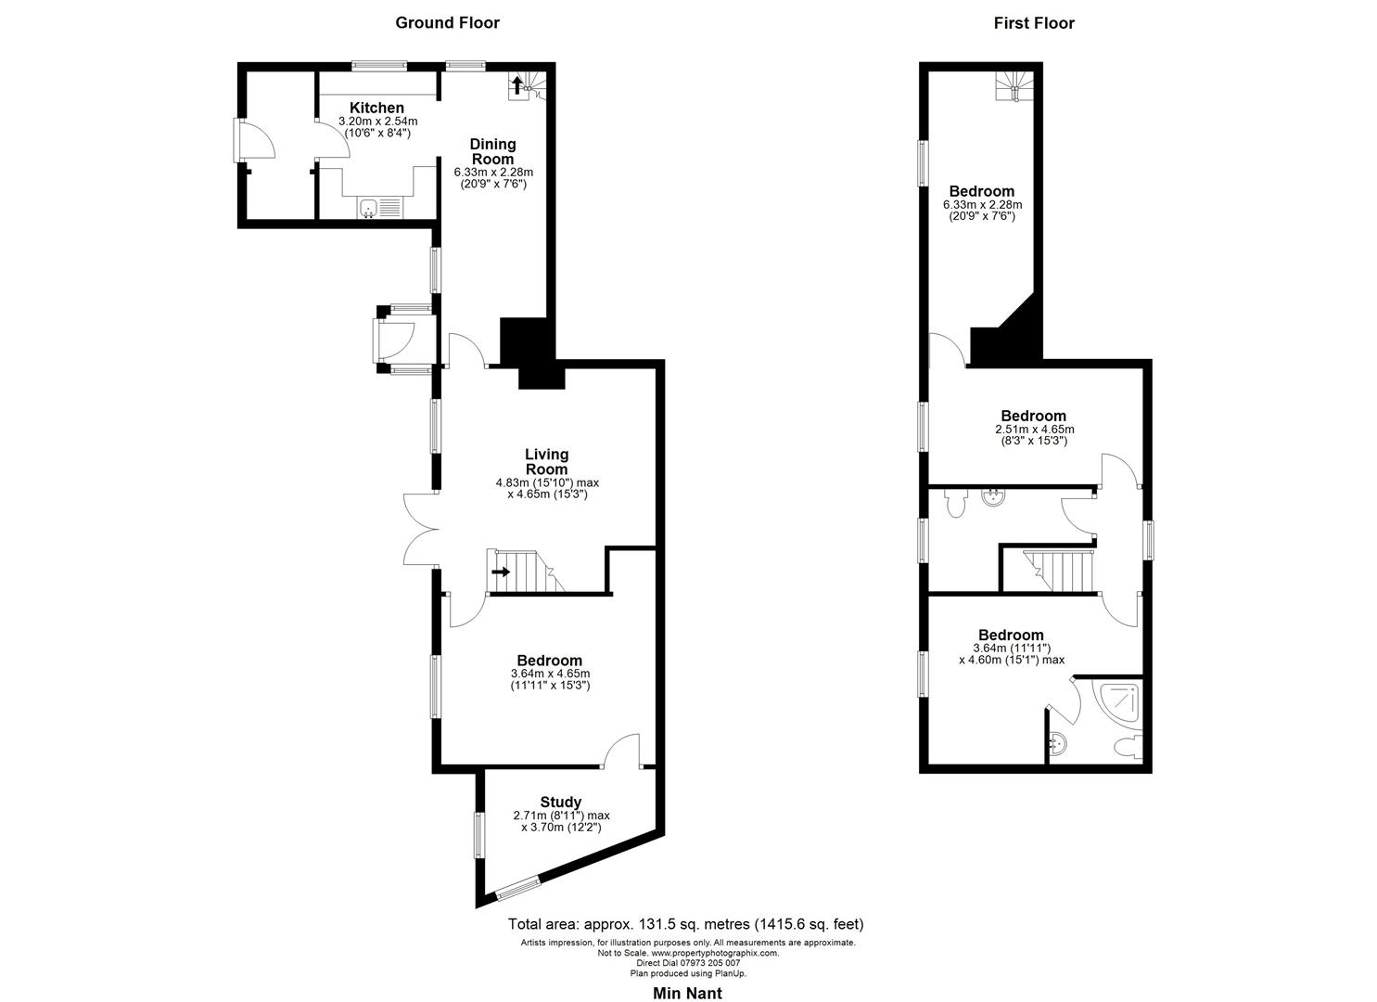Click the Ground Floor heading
(447, 23)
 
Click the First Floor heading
(1034, 23)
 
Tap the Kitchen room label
(376, 109)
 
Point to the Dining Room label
(492, 151)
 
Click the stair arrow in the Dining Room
(516, 86)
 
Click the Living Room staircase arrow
(501, 572)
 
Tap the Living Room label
(546, 461)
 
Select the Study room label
(561, 802)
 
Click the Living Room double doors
(419, 530)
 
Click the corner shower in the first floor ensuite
(1118, 702)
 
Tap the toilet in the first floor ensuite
(1128, 747)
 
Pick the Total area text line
(685, 924)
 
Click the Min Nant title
(687, 993)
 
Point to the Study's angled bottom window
(516, 888)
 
